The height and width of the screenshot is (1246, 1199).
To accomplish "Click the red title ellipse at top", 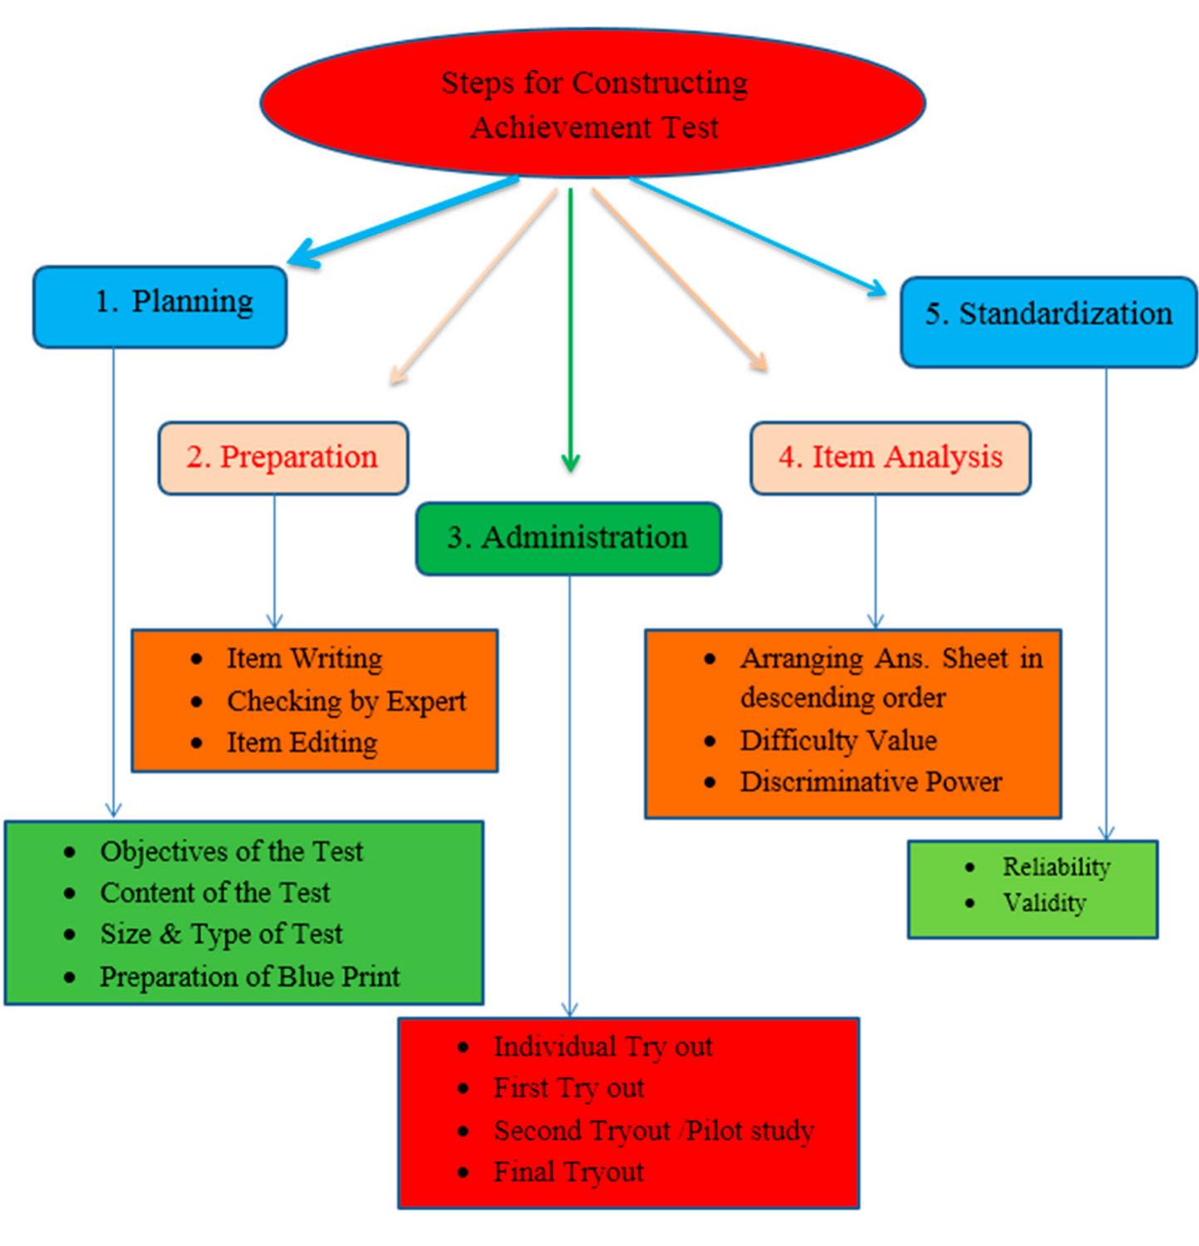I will tap(593, 103).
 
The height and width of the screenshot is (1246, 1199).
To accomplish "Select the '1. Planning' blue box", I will tap(160, 306).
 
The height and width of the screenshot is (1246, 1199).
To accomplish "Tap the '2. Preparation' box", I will tap(283, 458).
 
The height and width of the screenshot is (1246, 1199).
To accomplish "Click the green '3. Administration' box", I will tap(568, 538).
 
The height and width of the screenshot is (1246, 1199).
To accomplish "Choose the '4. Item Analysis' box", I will tap(890, 458).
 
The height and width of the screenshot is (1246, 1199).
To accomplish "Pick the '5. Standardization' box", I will tap(1049, 321).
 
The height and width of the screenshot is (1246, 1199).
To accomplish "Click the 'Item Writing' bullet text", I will tap(304, 658).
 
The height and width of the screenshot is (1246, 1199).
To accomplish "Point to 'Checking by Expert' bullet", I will tap(346, 701).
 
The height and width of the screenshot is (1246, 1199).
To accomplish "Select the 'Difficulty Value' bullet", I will tap(838, 740).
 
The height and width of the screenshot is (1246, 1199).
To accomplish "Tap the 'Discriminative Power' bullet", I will tap(870, 781).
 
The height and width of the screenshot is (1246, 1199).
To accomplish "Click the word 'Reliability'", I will tap(1055, 867).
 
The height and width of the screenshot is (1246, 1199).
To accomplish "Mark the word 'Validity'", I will tap(1044, 903).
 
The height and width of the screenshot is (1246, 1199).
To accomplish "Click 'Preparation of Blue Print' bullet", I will tap(249, 976).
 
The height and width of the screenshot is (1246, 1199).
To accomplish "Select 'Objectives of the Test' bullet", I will tap(231, 851).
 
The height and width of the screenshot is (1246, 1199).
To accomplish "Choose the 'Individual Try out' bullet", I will tap(602, 1047).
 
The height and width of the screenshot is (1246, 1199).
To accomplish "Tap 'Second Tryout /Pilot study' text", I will tap(653, 1130).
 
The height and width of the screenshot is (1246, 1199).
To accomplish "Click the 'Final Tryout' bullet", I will tap(568, 1172).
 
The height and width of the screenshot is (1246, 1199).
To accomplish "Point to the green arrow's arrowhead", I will tap(570, 462).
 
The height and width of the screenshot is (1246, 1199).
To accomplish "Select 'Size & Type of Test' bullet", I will tap(221, 933).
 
